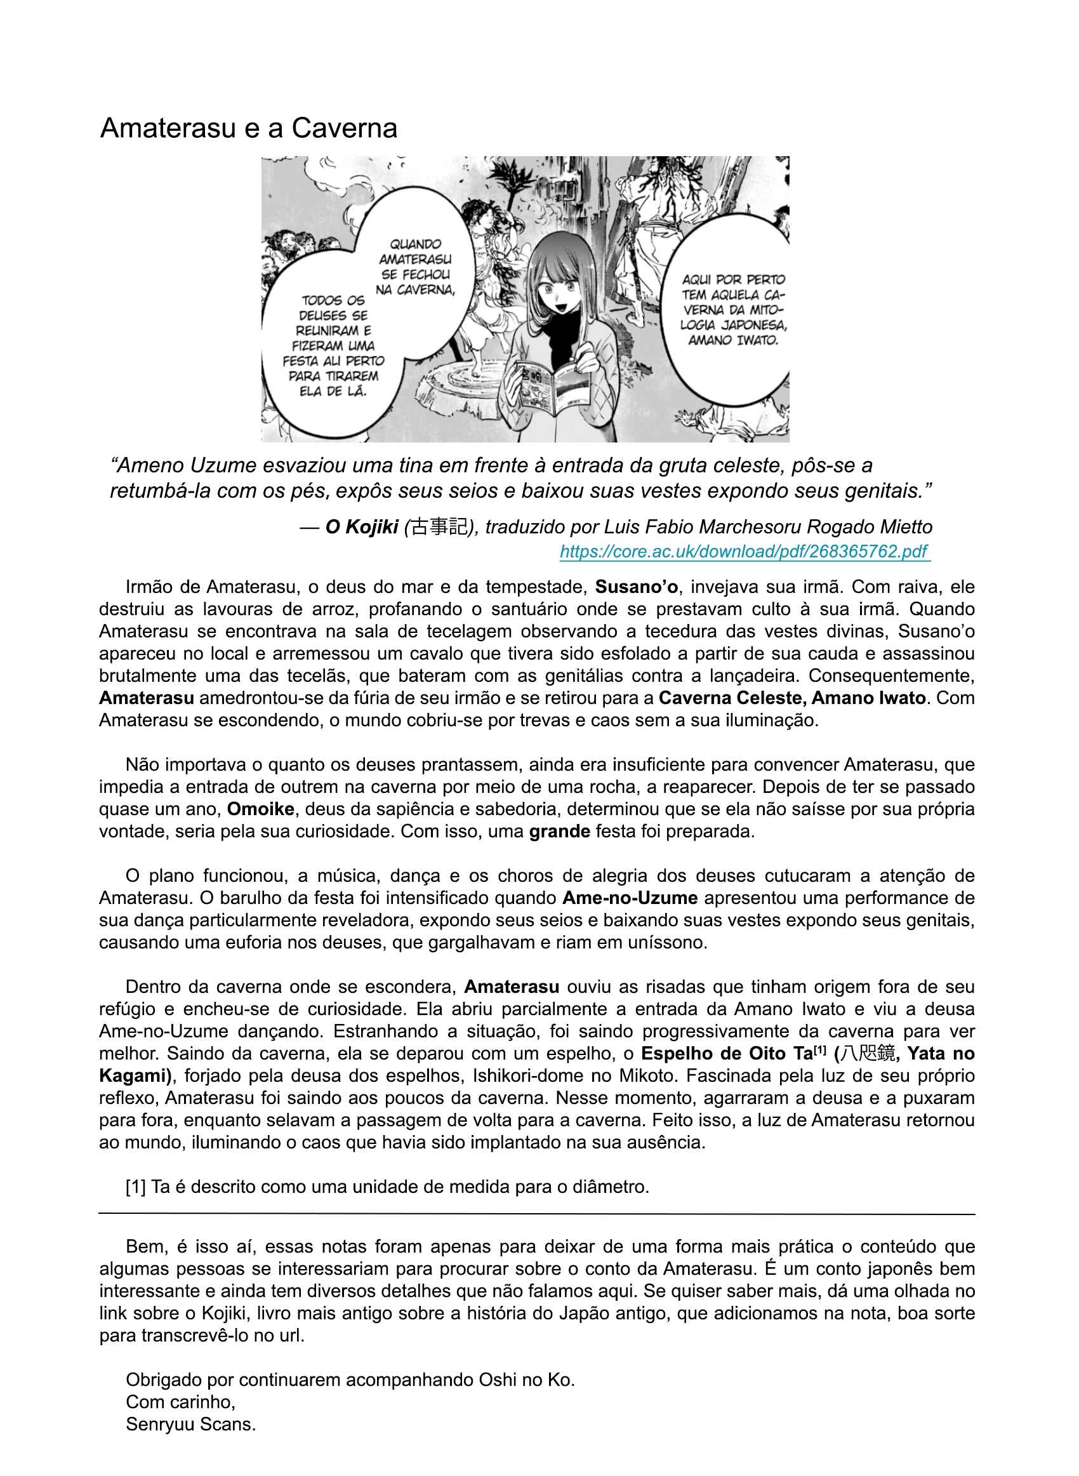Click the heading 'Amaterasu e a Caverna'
click(x=248, y=128)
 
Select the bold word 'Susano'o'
click(x=636, y=587)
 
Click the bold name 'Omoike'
click(x=261, y=809)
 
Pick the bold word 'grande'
click(x=560, y=832)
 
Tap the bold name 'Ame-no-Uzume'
click(x=630, y=898)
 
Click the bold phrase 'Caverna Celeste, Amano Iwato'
click(x=791, y=698)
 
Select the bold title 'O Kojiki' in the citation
click(x=362, y=527)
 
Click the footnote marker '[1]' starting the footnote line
click(x=135, y=1187)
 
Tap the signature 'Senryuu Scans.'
click(x=190, y=1425)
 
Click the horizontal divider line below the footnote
click(x=537, y=1214)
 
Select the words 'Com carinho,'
click(x=181, y=1402)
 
